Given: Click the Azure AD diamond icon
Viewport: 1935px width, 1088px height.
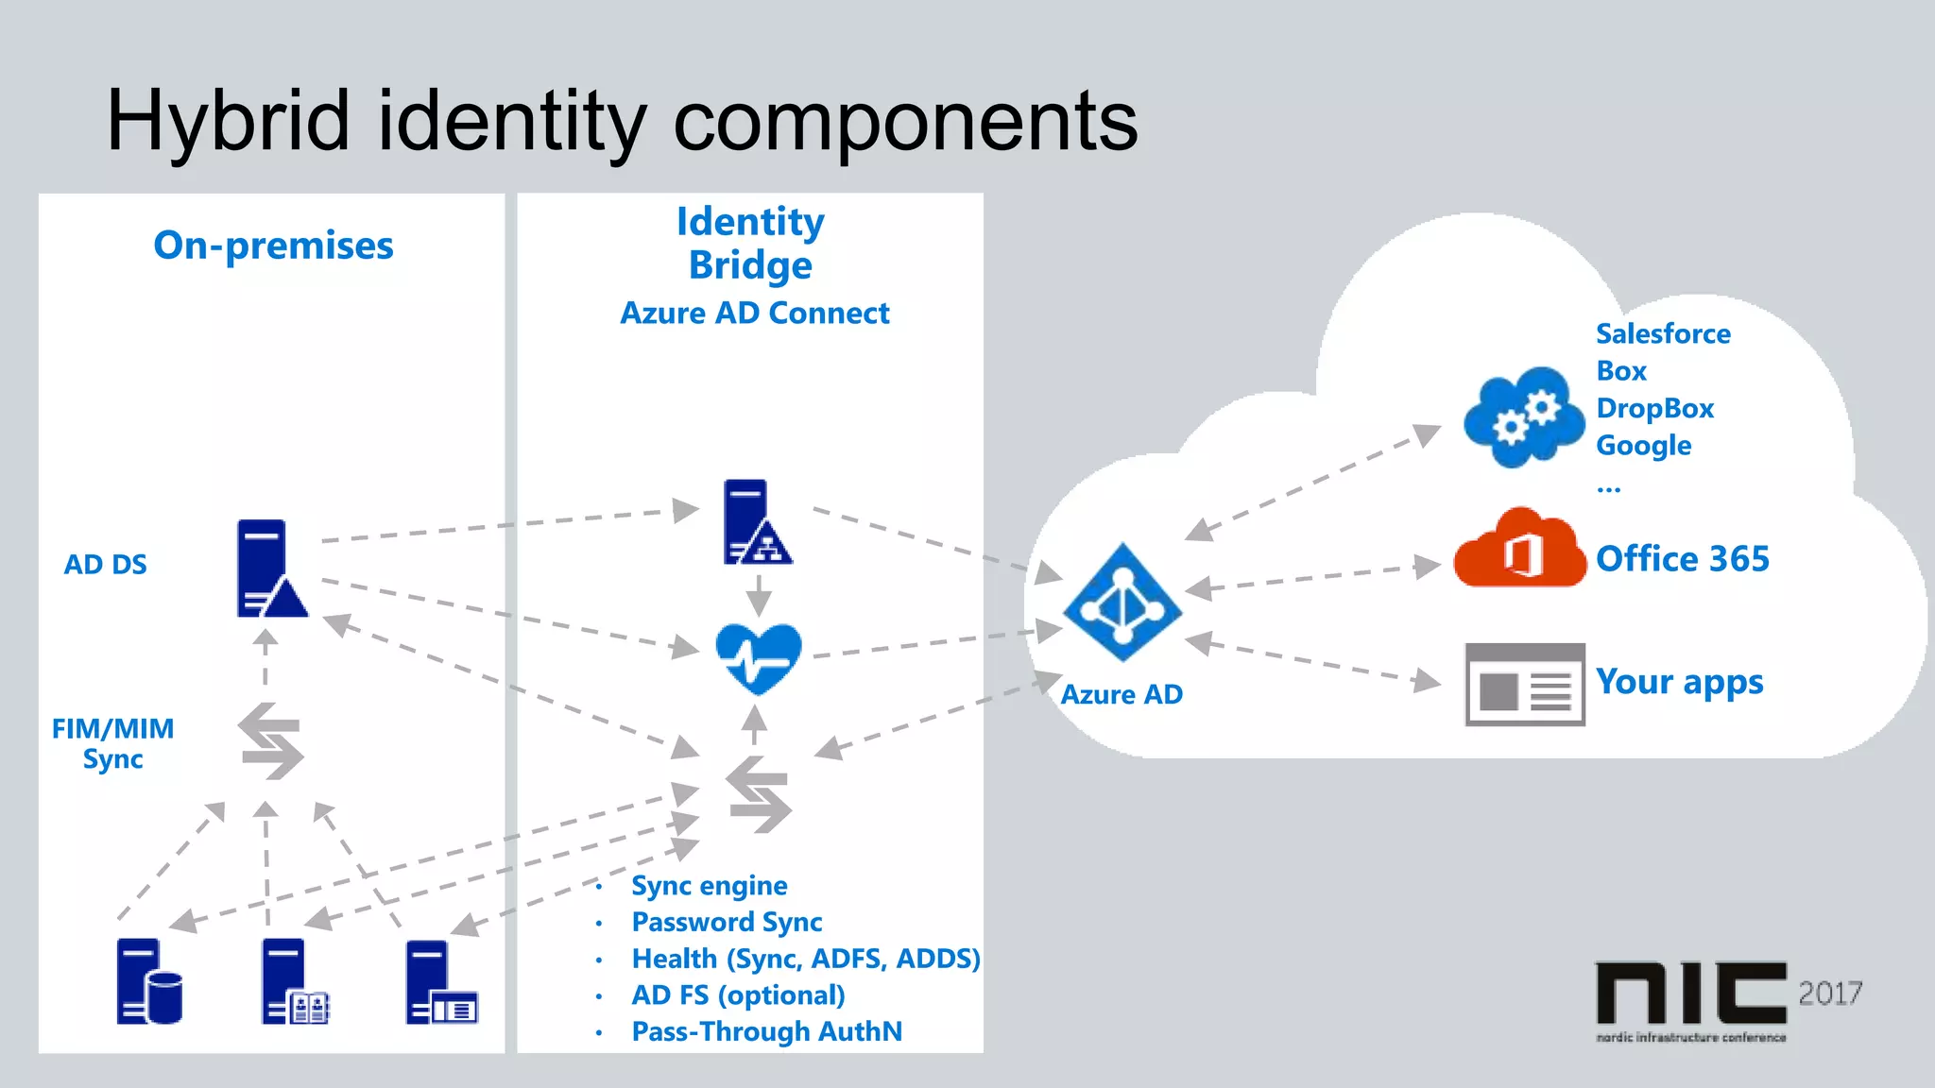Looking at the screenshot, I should coord(1122,603).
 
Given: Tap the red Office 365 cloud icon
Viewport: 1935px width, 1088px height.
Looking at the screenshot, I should coord(1519,550).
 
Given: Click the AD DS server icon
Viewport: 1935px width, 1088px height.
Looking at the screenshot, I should coord(268,569).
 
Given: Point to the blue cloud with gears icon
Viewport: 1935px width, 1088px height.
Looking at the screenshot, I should coord(1522,417).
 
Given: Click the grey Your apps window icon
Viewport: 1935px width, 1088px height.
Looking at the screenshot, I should coord(1524,685).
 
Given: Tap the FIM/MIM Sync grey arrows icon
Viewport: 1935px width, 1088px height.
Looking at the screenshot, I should coord(271,741).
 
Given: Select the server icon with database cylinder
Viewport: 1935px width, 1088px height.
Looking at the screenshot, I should coord(148,982).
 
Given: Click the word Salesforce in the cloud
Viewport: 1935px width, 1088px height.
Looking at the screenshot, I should coord(1663,333).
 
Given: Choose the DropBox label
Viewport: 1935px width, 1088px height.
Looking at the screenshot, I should coord(1654,408).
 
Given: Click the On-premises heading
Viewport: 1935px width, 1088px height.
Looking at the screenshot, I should coord(273,246).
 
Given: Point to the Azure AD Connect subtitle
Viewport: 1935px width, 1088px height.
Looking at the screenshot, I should coord(754,313).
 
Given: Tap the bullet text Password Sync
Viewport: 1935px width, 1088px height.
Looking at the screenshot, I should coord(727,922).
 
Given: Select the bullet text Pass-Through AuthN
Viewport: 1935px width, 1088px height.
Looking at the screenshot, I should coord(766,1031).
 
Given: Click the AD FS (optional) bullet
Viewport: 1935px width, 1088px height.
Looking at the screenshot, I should coord(738,995).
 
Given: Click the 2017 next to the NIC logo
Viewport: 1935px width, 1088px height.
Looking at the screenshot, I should coord(1829,994).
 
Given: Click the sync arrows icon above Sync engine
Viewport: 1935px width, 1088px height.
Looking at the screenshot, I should coord(758,794).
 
